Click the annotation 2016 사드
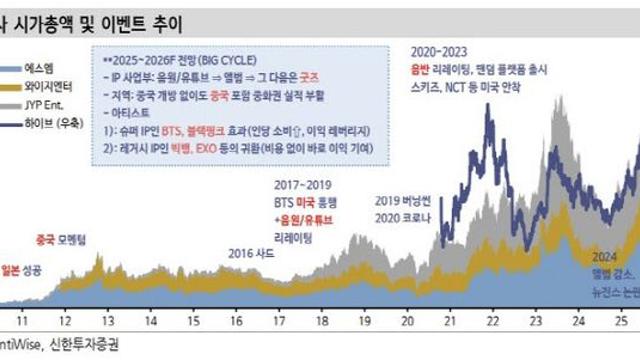[x=249, y=226]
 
